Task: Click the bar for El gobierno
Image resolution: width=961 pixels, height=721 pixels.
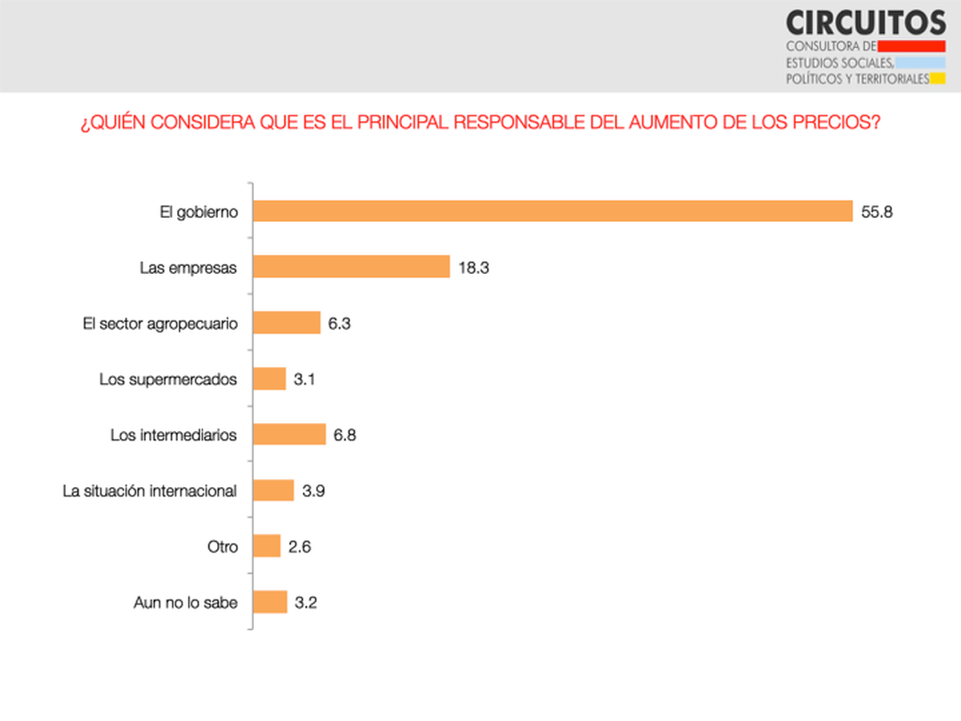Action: (x=553, y=211)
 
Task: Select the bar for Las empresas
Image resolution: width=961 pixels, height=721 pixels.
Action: (x=352, y=267)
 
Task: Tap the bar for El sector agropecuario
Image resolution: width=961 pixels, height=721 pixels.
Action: (x=287, y=323)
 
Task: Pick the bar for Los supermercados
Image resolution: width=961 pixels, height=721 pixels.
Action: (x=270, y=378)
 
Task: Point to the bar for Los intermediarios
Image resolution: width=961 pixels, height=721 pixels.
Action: (x=289, y=434)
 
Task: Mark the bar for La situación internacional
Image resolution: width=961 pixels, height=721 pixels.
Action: (x=274, y=490)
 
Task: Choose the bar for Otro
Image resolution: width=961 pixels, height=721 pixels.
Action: (x=267, y=546)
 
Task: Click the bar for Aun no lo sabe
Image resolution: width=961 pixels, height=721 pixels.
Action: (x=271, y=602)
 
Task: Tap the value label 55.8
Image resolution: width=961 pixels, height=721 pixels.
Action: (x=877, y=212)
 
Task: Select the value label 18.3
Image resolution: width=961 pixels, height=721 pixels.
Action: (x=474, y=268)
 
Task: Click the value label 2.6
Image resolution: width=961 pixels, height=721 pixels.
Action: (x=300, y=547)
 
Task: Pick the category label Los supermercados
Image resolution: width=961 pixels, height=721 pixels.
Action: (x=168, y=379)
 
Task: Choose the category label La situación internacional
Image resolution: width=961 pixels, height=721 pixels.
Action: (x=150, y=491)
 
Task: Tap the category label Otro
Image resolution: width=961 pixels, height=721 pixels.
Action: (x=222, y=547)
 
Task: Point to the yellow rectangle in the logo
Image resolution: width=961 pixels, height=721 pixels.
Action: (x=938, y=79)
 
